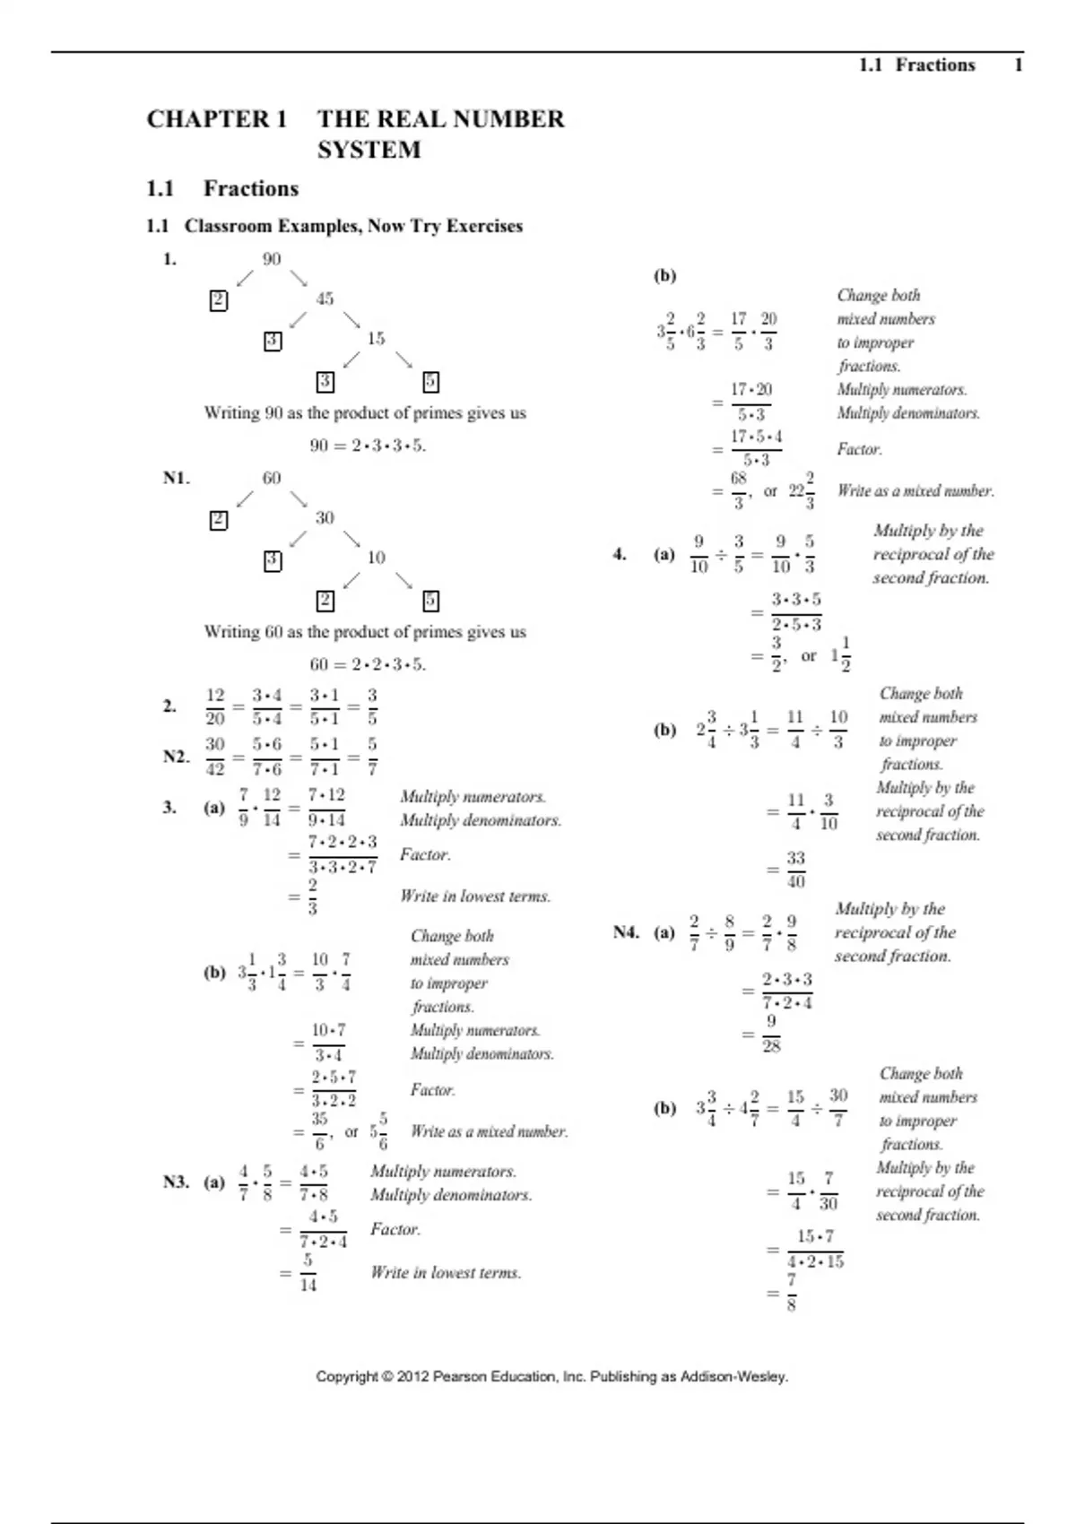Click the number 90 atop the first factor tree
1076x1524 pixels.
[x=272, y=259]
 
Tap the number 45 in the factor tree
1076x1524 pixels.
[x=325, y=299]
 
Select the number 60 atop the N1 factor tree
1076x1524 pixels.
[x=272, y=478]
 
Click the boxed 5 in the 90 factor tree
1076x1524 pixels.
[x=430, y=382]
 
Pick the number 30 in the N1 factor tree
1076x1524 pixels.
[x=325, y=517]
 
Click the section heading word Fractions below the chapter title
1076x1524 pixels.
[x=250, y=188]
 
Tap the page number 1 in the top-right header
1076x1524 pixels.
[x=1018, y=65]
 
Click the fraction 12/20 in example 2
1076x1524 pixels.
[x=215, y=706]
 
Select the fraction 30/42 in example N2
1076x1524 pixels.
[x=215, y=756]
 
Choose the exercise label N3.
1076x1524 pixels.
[x=177, y=1182]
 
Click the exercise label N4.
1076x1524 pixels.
[x=626, y=932]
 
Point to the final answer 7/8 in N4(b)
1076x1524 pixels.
[x=791, y=1293]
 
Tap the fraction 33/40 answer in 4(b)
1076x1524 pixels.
[x=796, y=870]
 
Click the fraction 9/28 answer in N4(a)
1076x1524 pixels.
[x=771, y=1034]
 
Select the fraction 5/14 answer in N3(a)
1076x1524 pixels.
[x=308, y=1273]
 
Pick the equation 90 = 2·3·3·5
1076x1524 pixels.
[x=368, y=446]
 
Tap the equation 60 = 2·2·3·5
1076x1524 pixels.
[x=368, y=664]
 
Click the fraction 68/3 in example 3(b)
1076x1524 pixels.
[x=738, y=490]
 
